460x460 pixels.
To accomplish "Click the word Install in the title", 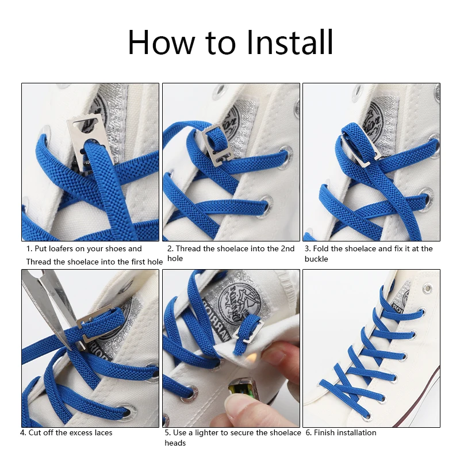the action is tap(290, 42).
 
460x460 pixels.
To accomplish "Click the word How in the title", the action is tap(161, 42).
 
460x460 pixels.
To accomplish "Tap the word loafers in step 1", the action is tap(61, 249).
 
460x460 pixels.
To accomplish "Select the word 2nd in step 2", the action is tap(287, 249).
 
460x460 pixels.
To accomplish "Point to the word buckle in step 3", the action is tap(316, 259).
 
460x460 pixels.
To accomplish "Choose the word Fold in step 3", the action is tap(321, 249).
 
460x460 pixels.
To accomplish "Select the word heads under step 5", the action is tap(175, 443).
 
